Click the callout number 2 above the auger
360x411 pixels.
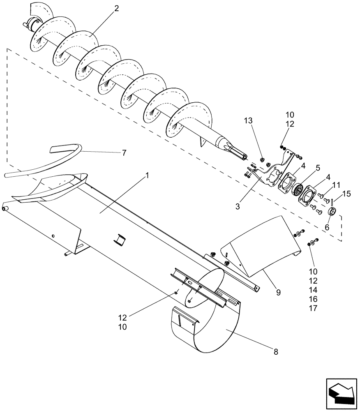click(117, 9)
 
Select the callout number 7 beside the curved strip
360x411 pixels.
click(124, 152)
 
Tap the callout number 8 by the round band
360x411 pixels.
click(275, 352)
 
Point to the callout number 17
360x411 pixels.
click(314, 308)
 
